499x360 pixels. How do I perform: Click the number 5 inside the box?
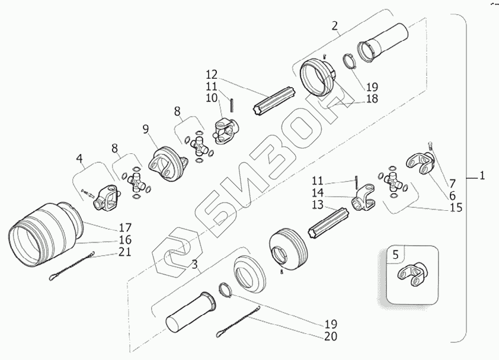(x=396, y=254)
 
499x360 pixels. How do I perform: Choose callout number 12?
(x=212, y=75)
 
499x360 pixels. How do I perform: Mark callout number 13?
(x=318, y=204)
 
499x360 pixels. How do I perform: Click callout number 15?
(x=456, y=208)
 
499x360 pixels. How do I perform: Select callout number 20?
(x=331, y=337)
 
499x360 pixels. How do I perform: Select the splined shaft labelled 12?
(x=274, y=103)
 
